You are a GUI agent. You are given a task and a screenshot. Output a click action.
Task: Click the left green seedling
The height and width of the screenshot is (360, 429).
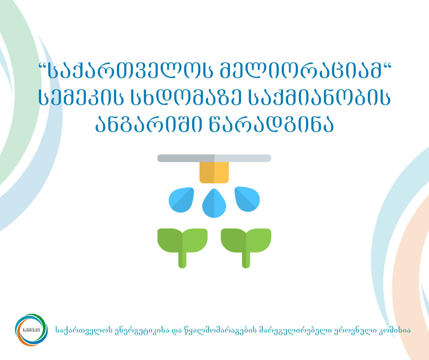tap(183, 244)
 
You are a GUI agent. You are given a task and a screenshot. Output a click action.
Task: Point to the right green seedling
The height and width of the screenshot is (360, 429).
tap(246, 244)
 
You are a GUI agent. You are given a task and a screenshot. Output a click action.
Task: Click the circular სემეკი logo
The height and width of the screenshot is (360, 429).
tap(31, 328)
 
